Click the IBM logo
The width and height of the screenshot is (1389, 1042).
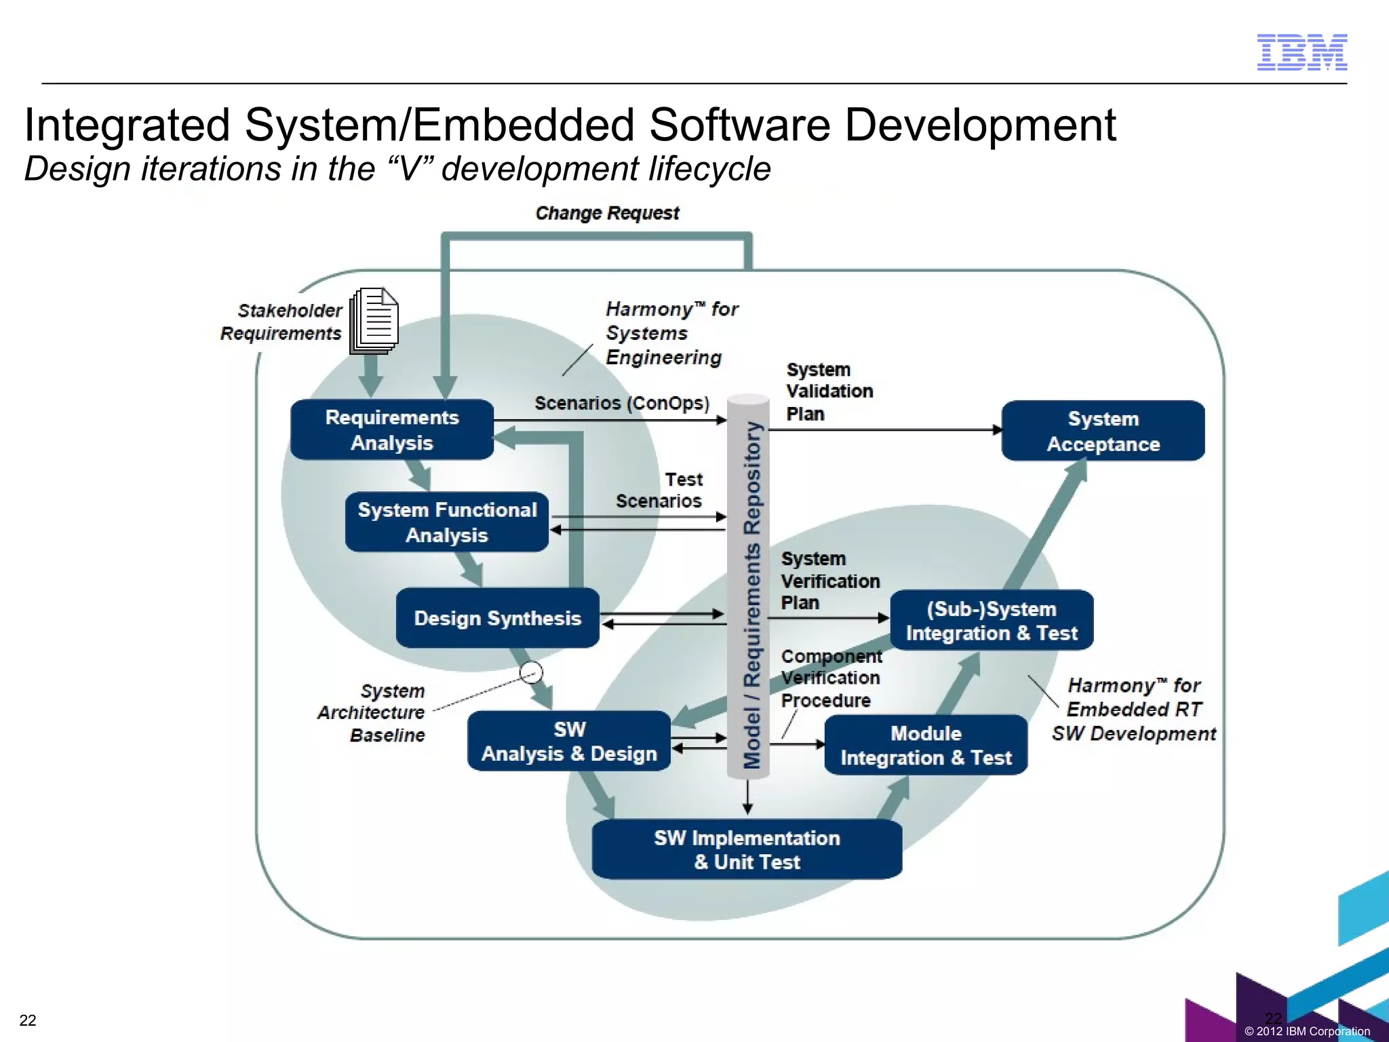pos(1302,52)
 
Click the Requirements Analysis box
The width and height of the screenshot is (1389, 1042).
pos(392,430)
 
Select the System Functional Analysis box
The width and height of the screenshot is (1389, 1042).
pos(447,522)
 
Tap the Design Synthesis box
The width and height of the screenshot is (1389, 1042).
pos(497,618)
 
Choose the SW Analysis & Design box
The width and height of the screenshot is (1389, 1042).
pos(569,741)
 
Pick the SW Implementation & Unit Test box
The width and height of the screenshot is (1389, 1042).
pos(747,850)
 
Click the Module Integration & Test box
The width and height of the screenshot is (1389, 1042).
pos(926,745)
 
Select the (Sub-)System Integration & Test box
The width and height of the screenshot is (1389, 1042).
pos(991,621)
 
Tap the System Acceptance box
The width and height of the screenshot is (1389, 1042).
pos(1103,431)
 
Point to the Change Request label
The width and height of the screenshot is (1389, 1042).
pos(607,213)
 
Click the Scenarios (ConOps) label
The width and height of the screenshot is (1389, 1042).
pos(621,403)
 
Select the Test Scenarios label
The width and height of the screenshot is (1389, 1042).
pos(659,490)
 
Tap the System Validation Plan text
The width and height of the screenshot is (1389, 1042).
pos(829,391)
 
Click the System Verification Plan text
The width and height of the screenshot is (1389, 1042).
pos(829,581)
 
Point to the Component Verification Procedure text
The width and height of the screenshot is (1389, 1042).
pos(831,678)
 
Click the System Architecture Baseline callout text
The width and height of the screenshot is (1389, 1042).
pos(372,712)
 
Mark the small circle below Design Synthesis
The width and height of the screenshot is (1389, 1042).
pos(531,673)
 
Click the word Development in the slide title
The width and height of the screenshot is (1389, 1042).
pos(980,126)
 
